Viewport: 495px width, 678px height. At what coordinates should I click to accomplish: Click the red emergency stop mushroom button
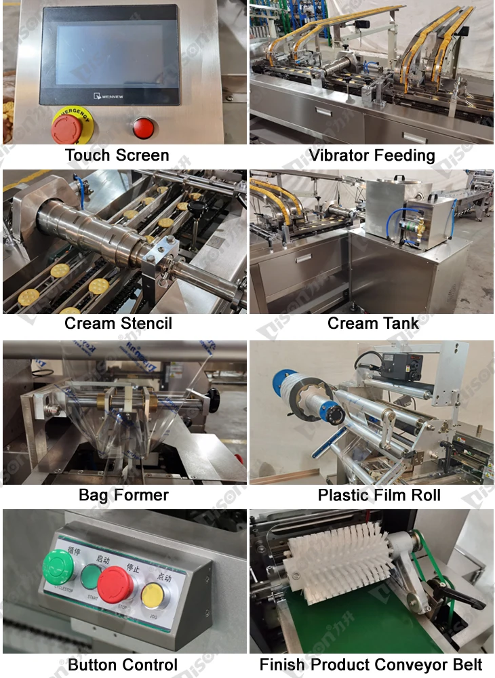pyautogui.click(x=66, y=127)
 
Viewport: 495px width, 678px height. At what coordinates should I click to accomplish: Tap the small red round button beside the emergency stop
pyautogui.click(x=143, y=127)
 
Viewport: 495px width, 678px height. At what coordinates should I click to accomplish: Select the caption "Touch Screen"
pyautogui.click(x=117, y=155)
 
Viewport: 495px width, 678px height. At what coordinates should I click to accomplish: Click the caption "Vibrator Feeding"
pyautogui.click(x=372, y=155)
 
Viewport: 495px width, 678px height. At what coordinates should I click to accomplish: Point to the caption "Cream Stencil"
pyautogui.click(x=118, y=323)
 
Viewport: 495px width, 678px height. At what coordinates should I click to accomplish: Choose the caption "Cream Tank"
pyautogui.click(x=373, y=323)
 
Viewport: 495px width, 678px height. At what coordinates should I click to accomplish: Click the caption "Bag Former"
pyautogui.click(x=123, y=495)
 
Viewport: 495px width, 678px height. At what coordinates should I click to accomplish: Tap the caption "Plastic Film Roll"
pyautogui.click(x=379, y=495)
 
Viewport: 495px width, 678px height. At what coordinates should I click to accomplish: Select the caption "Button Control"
pyautogui.click(x=123, y=665)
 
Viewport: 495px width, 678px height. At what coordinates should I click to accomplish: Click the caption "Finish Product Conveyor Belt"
pyautogui.click(x=371, y=665)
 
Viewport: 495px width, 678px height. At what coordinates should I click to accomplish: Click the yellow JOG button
pyautogui.click(x=152, y=594)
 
